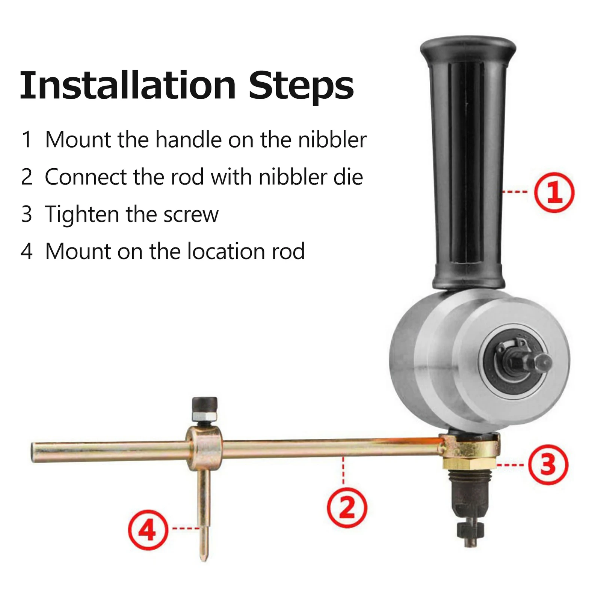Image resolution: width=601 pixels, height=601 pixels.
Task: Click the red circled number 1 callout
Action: (554, 193)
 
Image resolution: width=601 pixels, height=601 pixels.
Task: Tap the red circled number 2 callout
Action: (347, 508)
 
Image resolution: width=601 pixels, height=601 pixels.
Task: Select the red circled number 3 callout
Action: (548, 465)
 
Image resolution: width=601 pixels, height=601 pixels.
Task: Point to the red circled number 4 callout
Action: (148, 530)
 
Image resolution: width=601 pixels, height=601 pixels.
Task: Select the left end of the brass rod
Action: (33, 452)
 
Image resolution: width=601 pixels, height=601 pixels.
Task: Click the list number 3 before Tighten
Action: (26, 214)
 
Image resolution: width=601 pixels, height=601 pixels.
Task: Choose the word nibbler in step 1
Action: (332, 140)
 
